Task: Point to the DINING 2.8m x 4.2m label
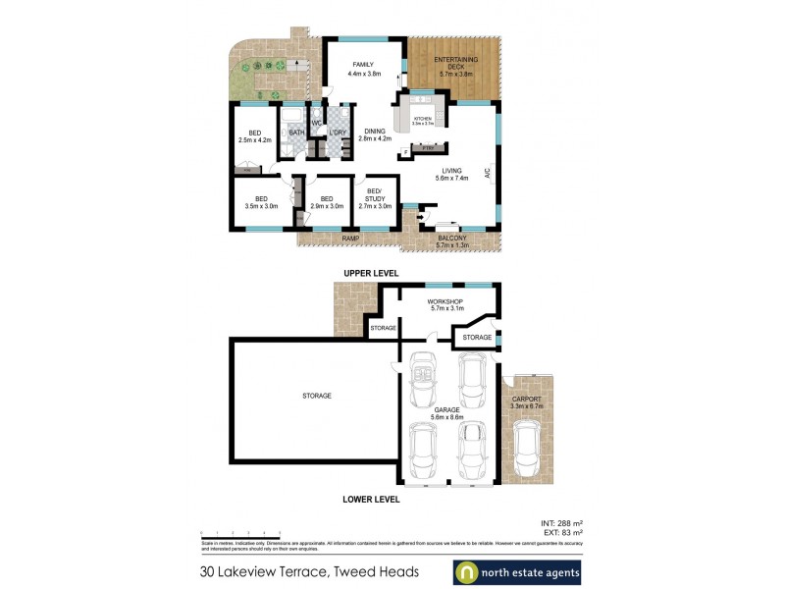(x=374, y=134)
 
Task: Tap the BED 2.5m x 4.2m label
(x=254, y=136)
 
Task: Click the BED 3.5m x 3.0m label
(x=261, y=202)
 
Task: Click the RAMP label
(x=349, y=239)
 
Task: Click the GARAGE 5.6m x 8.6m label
(x=446, y=413)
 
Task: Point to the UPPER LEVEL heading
(x=369, y=272)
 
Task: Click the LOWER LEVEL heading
(x=369, y=499)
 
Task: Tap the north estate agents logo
(x=517, y=571)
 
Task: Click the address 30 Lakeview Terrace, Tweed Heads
(x=309, y=571)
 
